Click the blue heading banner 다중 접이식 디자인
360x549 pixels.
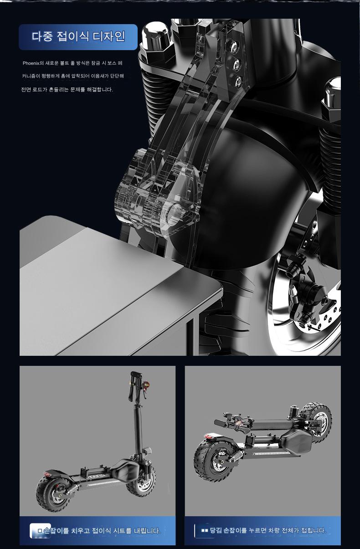[78, 37]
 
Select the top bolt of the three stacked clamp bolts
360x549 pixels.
[234, 46]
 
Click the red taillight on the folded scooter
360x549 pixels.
[208, 436]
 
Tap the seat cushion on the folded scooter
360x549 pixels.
[296, 441]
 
